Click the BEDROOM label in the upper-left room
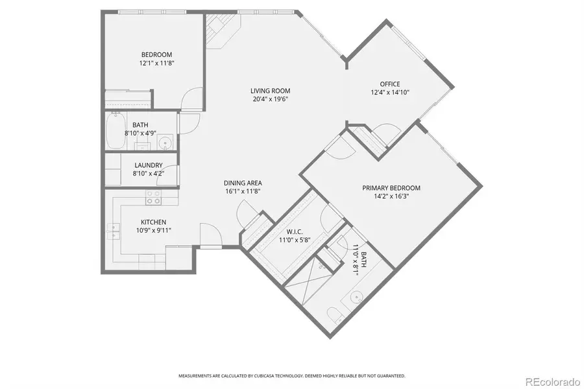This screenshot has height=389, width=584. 156,54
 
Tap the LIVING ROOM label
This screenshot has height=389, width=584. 270,91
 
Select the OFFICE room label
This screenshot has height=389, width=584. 390,84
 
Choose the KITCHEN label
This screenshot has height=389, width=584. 154,221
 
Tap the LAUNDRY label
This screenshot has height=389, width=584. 148,165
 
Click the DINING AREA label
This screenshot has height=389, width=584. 243,183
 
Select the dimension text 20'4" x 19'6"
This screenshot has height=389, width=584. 270,99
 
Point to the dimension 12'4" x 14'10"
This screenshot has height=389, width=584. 390,92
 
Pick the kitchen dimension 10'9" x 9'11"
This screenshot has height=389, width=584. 154,230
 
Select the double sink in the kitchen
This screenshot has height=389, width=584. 115,230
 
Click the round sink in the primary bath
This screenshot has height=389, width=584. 356,298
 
